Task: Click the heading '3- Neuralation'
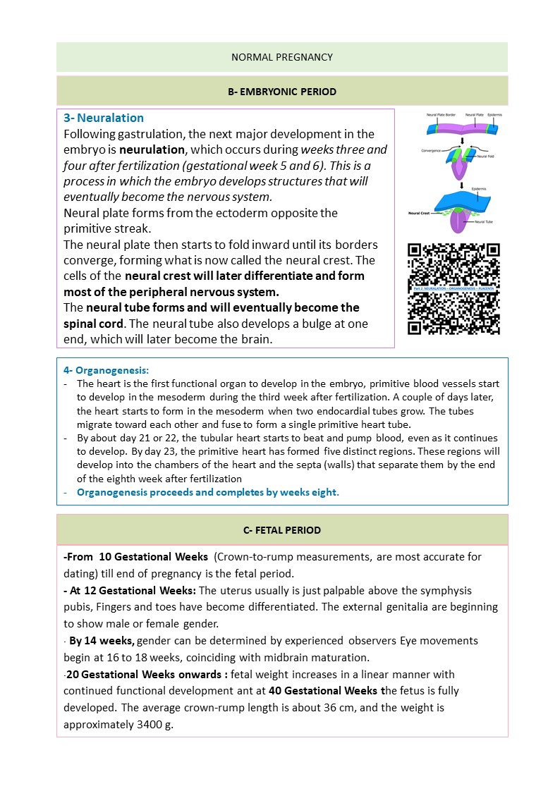point(104,118)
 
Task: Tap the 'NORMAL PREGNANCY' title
point(282,57)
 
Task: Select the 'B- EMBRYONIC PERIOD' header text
point(282,92)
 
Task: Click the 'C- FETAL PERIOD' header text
point(282,530)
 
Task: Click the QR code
point(454,288)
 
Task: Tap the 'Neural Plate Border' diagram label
point(439,114)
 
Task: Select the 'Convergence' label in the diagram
point(432,149)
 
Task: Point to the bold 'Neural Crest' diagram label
point(420,212)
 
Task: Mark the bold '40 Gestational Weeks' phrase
point(324,691)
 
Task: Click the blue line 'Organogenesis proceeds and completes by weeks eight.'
point(208,492)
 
